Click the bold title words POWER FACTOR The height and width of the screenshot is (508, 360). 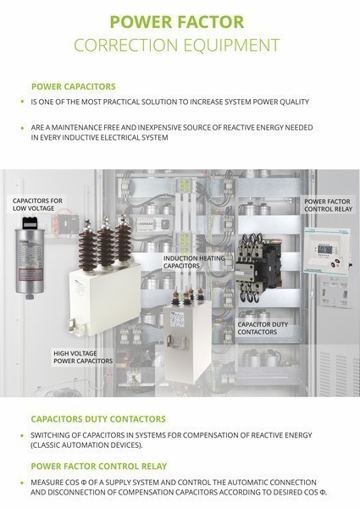[x=177, y=22]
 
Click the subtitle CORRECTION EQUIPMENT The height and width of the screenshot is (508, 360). [x=177, y=45]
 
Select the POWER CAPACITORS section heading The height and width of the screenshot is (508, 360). [x=74, y=86]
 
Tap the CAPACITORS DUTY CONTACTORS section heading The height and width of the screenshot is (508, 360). [x=98, y=419]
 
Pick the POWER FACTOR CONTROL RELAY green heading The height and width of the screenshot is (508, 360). [x=99, y=467]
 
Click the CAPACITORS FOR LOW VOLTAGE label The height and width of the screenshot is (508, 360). [x=37, y=204]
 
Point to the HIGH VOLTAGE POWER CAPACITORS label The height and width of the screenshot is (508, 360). [x=83, y=357]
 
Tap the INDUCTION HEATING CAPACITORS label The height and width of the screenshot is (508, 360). [x=194, y=262]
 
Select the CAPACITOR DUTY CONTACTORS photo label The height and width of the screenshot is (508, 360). [x=263, y=329]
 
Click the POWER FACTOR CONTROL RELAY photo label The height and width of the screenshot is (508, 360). [x=328, y=206]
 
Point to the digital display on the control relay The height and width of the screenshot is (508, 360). [x=324, y=250]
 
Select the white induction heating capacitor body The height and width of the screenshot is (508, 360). [x=187, y=342]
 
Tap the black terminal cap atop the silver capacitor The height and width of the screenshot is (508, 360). [x=30, y=223]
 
